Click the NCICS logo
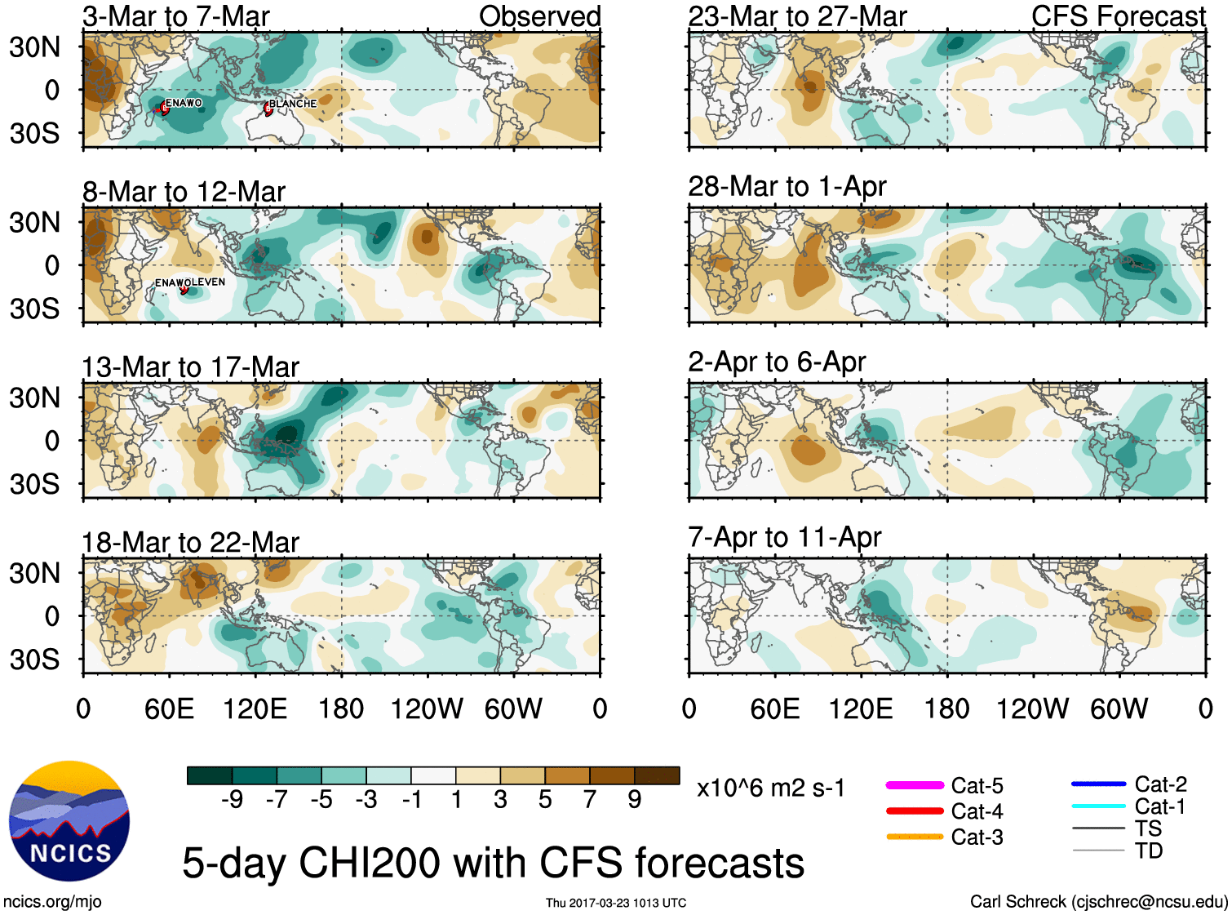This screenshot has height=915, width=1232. [69, 821]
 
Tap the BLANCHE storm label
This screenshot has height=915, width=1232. [293, 104]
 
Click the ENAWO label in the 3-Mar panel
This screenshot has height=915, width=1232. [184, 103]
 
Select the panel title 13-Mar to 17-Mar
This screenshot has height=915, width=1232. [191, 367]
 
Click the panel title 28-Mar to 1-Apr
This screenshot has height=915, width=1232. [787, 187]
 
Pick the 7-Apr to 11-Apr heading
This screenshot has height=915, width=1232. [784, 537]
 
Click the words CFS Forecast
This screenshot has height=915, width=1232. [1118, 16]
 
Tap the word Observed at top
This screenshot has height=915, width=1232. [539, 16]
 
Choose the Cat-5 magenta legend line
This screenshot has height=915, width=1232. [915, 785]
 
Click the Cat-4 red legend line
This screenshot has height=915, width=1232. [915, 811]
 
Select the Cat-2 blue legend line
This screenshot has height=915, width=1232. [1098, 784]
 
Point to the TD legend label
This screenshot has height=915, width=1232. [1148, 851]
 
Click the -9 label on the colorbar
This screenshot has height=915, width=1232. [232, 799]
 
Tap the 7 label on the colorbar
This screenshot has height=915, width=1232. [589, 799]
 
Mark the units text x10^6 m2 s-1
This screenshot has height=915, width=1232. [770, 788]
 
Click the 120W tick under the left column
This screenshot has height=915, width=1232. [427, 708]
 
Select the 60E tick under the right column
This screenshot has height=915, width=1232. [774, 708]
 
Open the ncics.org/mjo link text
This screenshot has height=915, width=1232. [52, 901]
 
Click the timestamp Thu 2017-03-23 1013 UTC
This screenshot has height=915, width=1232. [616, 903]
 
